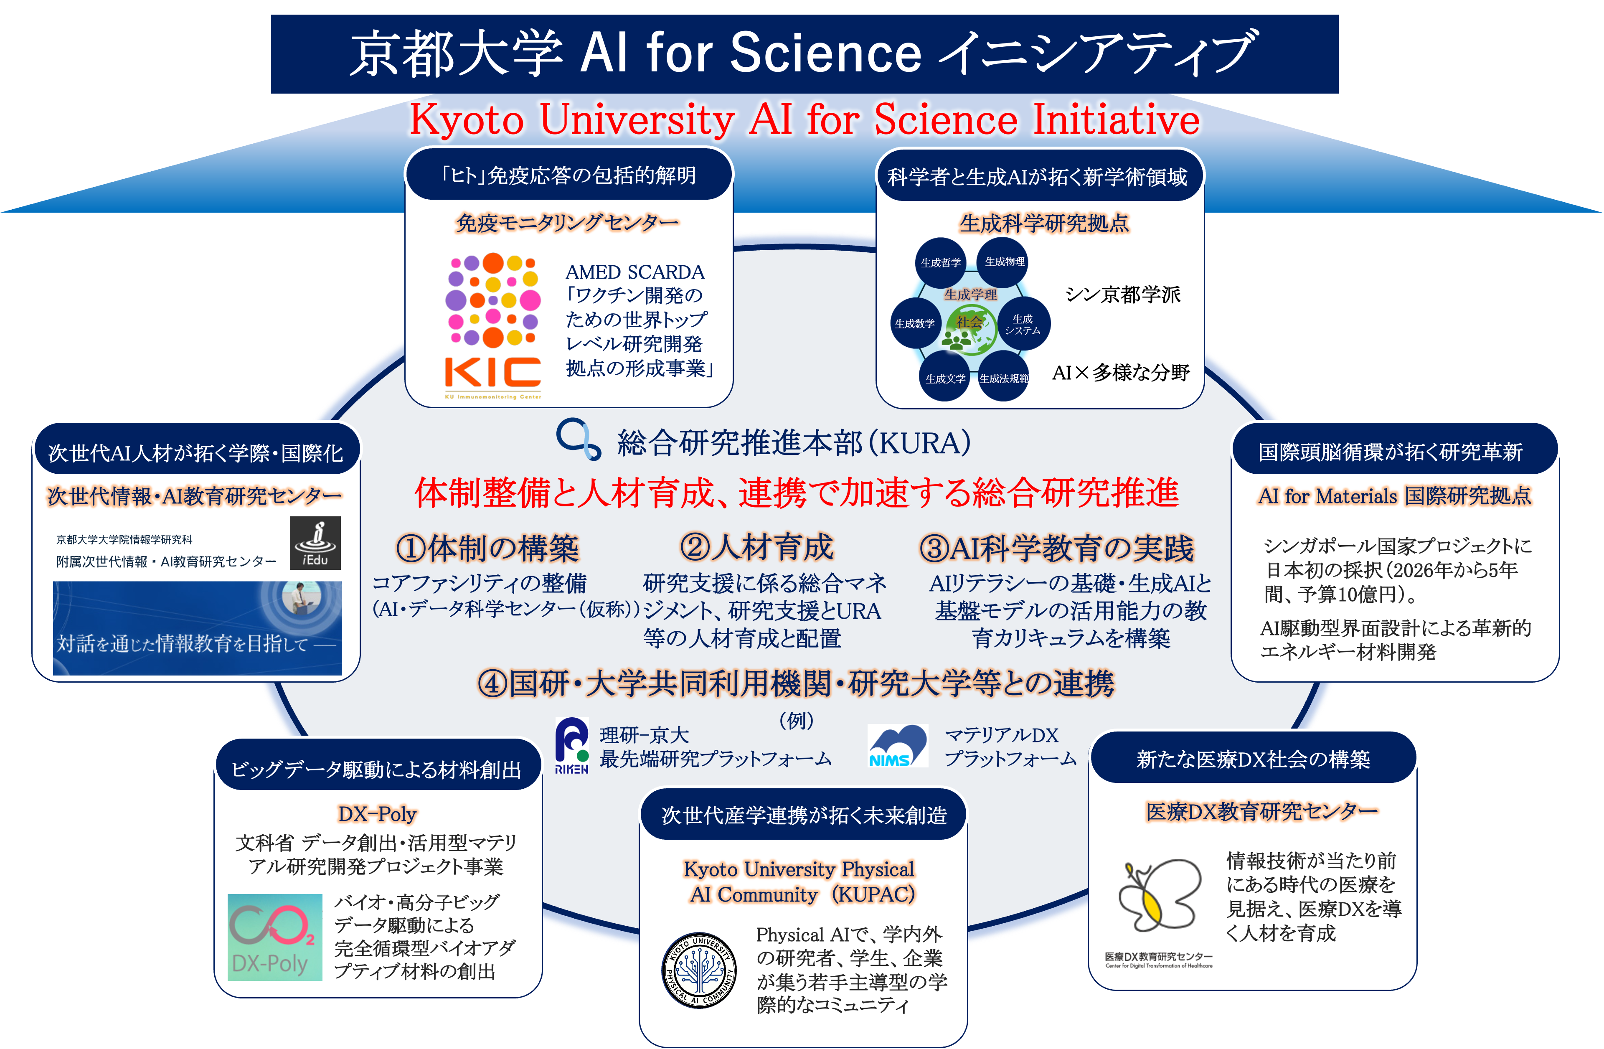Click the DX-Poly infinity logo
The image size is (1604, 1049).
[274, 937]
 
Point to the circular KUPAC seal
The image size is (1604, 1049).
[698, 971]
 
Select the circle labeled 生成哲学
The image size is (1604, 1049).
[940, 263]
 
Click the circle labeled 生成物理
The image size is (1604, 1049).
[1004, 262]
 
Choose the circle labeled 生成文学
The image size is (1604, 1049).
[945, 378]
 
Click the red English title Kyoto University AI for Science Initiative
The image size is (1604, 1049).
[805, 120]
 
